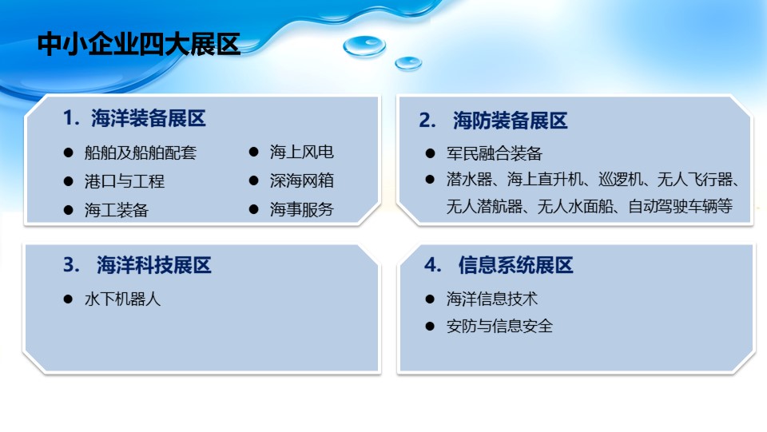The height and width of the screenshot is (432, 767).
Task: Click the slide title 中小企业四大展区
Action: [139, 45]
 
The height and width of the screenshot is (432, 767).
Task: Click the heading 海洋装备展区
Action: [149, 119]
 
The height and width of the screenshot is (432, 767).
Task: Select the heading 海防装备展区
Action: [511, 121]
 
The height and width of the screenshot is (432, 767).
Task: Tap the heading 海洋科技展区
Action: [153, 265]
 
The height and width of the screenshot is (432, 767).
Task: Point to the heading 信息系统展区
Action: [515, 265]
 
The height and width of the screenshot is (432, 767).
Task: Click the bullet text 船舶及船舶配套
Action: [141, 153]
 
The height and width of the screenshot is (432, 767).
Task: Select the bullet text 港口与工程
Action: [125, 182]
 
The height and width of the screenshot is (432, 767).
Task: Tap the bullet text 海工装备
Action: [117, 211]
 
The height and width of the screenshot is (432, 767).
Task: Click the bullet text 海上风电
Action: [301, 152]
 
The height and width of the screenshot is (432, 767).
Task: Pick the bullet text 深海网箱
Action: [301, 180]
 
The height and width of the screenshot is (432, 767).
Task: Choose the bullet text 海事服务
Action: [301, 210]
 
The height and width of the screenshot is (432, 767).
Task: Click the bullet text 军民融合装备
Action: [494, 153]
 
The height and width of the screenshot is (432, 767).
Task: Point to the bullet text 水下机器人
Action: [122, 299]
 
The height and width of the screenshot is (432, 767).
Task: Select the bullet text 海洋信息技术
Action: [491, 299]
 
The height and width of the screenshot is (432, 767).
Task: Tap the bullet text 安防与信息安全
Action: [499, 326]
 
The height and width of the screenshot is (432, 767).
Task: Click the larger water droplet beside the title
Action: [364, 46]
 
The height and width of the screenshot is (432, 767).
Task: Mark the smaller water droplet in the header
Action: [408, 63]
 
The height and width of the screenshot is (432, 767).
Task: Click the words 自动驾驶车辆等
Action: [680, 206]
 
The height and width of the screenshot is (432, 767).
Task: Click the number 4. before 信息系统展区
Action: [433, 265]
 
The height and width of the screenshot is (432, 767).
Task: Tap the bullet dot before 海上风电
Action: [253, 152]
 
